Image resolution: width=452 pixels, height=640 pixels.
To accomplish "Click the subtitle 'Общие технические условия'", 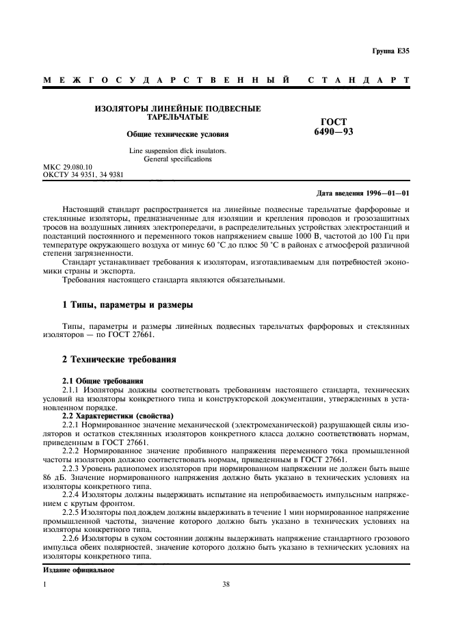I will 178,135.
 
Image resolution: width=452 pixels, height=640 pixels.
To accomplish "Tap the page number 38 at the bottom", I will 226,585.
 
